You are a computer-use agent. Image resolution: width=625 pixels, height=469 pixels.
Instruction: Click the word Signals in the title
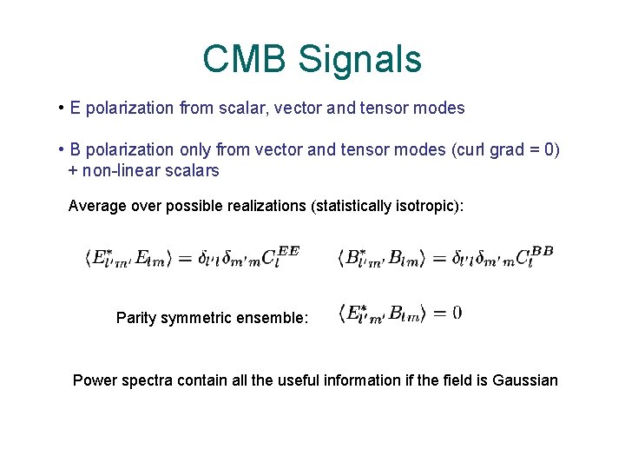point(359,59)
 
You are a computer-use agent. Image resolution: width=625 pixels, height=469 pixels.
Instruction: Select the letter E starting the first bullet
point(76,109)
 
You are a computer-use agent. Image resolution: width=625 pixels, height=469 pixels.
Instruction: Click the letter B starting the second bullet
point(76,150)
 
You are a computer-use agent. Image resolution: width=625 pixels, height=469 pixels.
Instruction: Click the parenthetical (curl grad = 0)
point(505,150)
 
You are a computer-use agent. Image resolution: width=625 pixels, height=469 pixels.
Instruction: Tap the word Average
point(98,207)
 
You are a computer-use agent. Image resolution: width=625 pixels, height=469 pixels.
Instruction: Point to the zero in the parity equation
point(457,313)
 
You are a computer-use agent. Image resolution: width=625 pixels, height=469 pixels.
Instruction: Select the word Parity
point(138,318)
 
